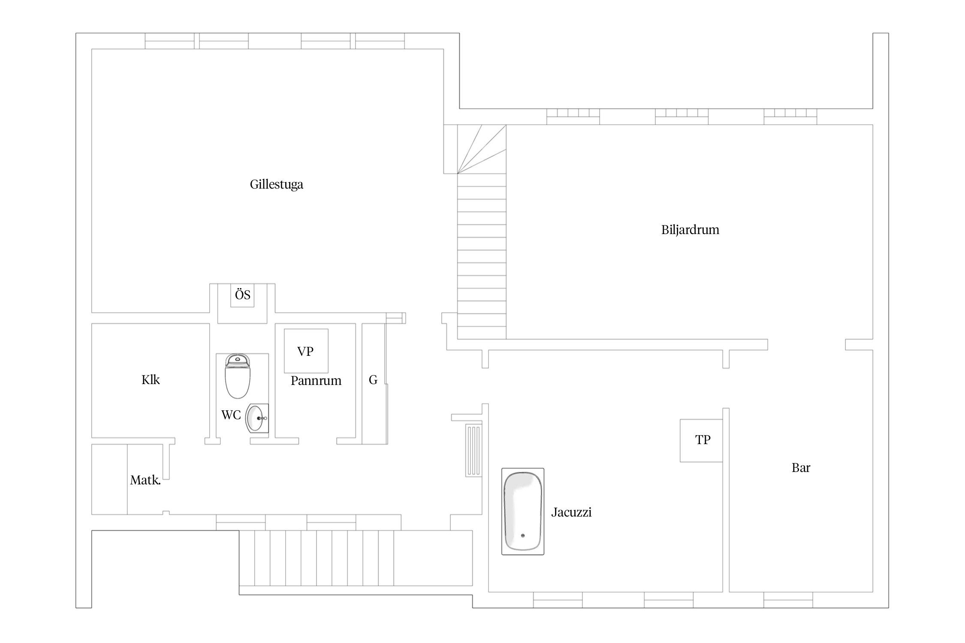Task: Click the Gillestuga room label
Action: (277, 185)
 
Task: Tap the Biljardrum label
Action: (690, 230)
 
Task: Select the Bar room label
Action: (801, 468)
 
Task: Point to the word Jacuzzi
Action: (571, 512)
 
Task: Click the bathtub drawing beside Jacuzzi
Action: (523, 511)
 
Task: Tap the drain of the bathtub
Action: (523, 536)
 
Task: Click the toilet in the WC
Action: (238, 376)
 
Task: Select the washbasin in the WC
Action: (257, 418)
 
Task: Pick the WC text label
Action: (231, 415)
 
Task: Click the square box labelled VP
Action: (306, 351)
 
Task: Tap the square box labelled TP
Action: (701, 440)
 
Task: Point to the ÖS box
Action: (242, 295)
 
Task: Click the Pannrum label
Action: (316, 381)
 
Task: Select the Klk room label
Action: (151, 380)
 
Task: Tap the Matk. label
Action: (145, 480)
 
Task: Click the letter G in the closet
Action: (373, 380)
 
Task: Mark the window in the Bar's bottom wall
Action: (788, 600)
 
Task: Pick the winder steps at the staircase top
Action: (482, 149)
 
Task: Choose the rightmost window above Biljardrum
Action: (790, 117)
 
